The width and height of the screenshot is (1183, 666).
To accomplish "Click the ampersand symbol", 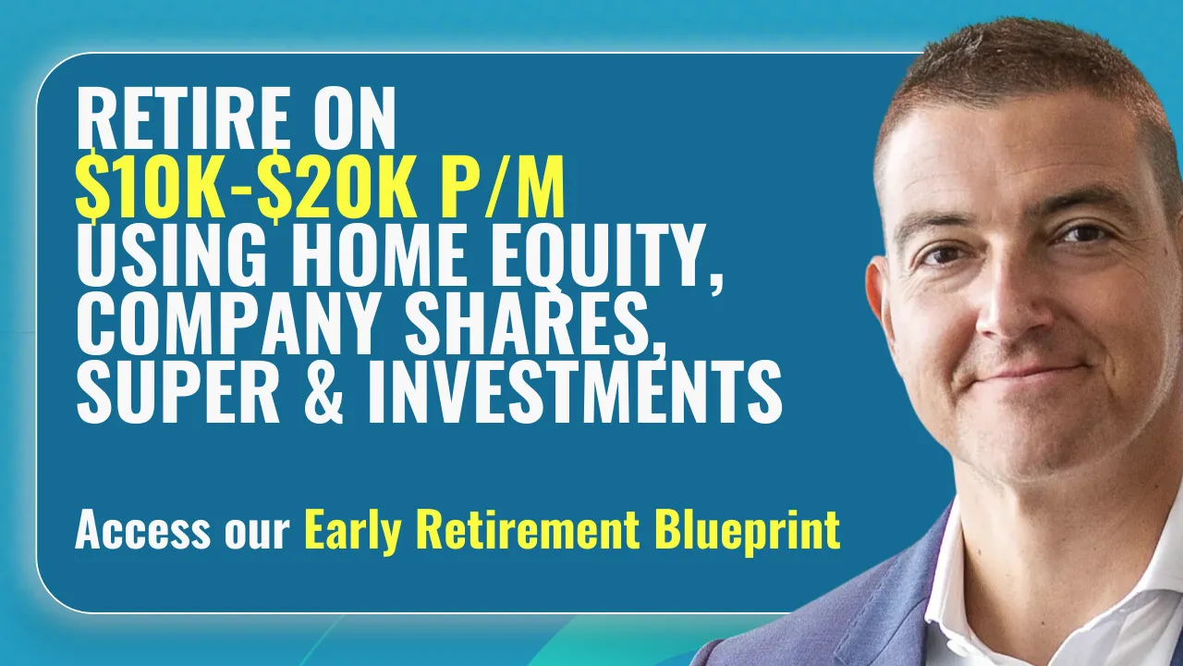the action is pyautogui.click(x=323, y=391).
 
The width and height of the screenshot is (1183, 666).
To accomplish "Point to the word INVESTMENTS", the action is pyautogui.click(x=574, y=391).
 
